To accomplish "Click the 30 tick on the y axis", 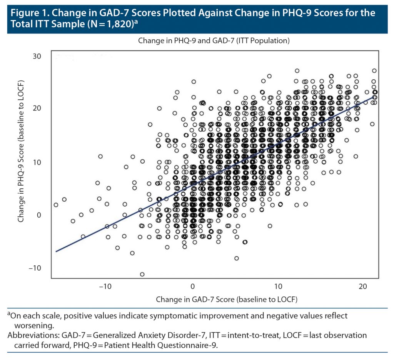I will point(37,56).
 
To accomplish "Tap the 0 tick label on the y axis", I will point(39,215).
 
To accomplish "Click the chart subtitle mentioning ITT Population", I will point(214,40).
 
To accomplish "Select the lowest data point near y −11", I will point(142,274).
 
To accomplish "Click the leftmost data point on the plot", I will point(56,205).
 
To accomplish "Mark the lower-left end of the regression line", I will point(56,251).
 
